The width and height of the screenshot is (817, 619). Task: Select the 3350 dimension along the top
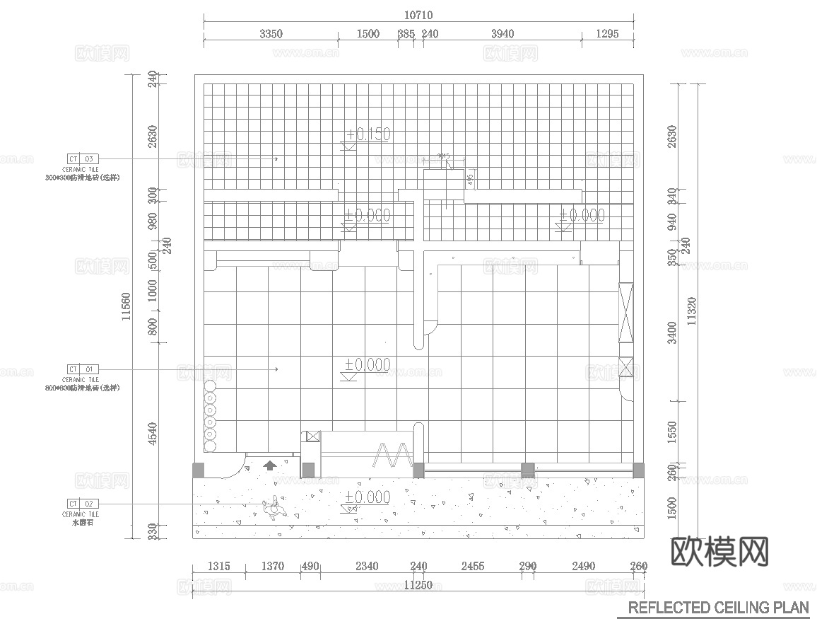point(271,33)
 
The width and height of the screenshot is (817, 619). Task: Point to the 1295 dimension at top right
point(607,33)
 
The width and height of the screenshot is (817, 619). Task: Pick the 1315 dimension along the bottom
point(219,566)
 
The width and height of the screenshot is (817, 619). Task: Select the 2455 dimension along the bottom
point(472,566)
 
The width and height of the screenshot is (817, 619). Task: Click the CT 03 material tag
point(83,158)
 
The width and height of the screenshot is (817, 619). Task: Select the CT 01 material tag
point(83,369)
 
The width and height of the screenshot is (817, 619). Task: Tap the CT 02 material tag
point(83,504)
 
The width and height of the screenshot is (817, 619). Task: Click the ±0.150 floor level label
point(368,134)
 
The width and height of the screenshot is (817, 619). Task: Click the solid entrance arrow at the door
point(269,465)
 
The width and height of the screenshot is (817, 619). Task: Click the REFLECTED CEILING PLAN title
point(718,607)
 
